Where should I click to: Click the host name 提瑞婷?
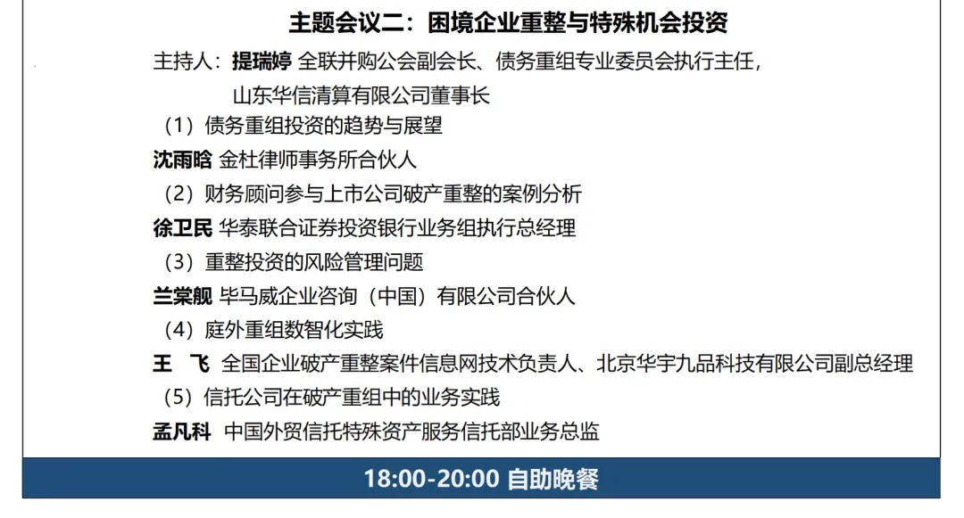pyautogui.click(x=262, y=62)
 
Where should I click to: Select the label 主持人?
pyautogui.click(x=183, y=62)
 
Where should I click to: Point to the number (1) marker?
pyautogui.click(x=179, y=126)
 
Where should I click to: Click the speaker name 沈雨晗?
pyautogui.click(x=183, y=160)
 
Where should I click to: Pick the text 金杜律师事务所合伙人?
pyautogui.click(x=318, y=160)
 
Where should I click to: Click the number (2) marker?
pyautogui.click(x=179, y=194)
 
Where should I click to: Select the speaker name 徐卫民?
pyautogui.click(x=183, y=228)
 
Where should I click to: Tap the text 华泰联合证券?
pyautogui.click(x=278, y=228)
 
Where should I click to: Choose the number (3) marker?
pyautogui.click(x=179, y=262)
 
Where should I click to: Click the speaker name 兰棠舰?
pyautogui.click(x=183, y=296)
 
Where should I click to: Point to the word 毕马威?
pyautogui.click(x=248, y=296)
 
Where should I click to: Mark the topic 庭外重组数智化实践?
pyautogui.click(x=294, y=330)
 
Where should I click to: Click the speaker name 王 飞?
pyautogui.click(x=181, y=364)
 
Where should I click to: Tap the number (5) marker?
pyautogui.click(x=179, y=398)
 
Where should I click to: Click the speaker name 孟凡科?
pyautogui.click(x=182, y=432)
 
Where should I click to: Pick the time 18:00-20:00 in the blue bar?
pyautogui.click(x=432, y=480)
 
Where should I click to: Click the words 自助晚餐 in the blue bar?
pyautogui.click(x=553, y=480)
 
